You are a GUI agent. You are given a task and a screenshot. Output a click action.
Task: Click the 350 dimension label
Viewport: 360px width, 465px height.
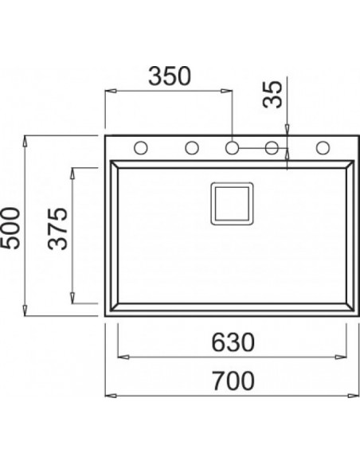170,76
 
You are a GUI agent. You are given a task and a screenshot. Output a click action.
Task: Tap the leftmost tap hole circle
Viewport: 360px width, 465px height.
140,147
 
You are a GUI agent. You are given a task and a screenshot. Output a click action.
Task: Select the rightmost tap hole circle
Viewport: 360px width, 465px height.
323,147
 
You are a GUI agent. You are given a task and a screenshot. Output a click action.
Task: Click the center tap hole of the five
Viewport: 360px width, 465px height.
232,147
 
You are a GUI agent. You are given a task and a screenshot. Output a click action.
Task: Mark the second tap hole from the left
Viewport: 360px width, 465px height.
192,147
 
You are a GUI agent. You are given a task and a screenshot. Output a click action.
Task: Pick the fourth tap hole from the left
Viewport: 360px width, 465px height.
271,147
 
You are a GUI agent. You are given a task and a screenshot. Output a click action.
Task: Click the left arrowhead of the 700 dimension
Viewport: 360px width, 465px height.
110,395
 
